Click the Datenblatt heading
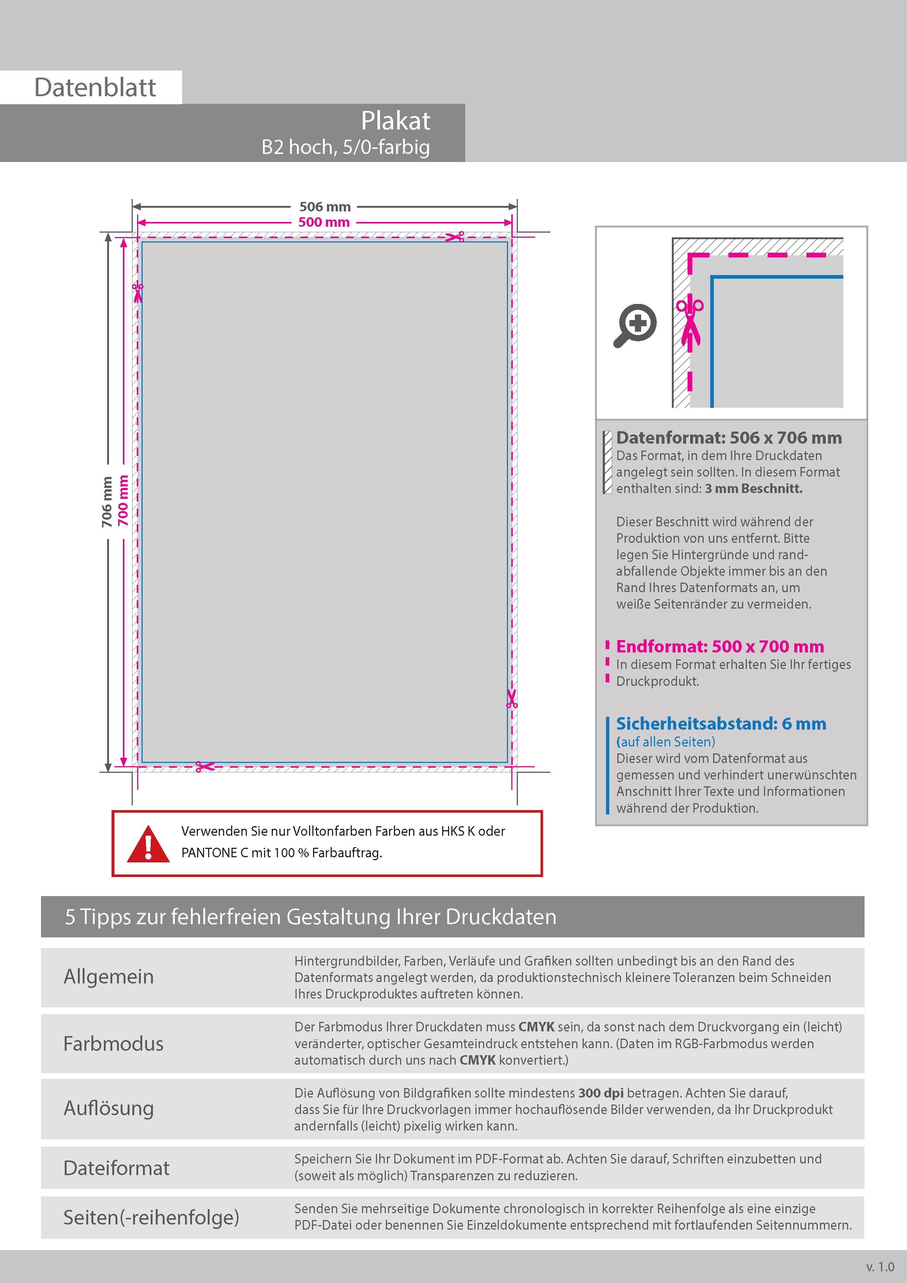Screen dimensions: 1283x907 pyautogui.click(x=95, y=88)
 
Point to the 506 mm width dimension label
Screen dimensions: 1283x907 pyautogui.click(x=325, y=207)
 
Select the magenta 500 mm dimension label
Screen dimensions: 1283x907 pyautogui.click(x=324, y=222)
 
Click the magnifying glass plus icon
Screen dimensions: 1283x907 pyautogui.click(x=636, y=325)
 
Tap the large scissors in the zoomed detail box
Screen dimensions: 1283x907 pyautogui.click(x=690, y=321)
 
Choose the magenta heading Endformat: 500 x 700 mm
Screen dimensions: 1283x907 pyautogui.click(x=720, y=647)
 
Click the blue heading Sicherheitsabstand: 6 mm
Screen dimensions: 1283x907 pyautogui.click(x=721, y=724)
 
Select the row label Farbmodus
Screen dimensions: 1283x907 pyautogui.click(x=113, y=1044)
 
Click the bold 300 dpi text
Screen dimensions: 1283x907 pyautogui.click(x=601, y=1093)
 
